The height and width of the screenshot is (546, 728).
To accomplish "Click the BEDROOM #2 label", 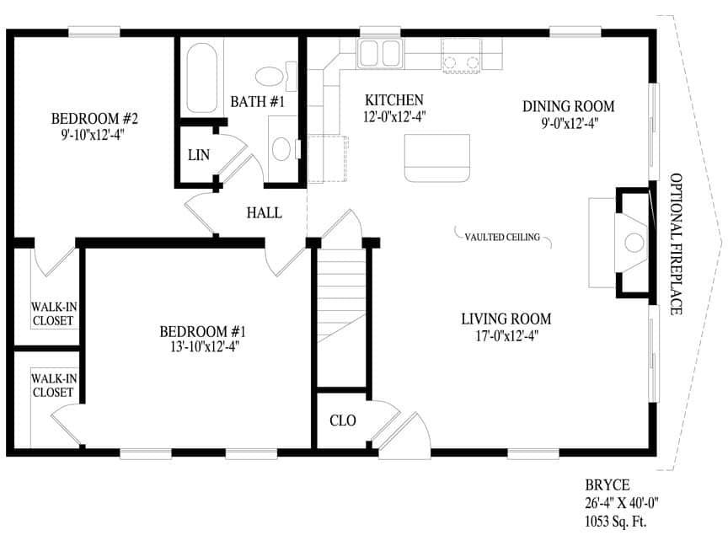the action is click(x=94, y=119).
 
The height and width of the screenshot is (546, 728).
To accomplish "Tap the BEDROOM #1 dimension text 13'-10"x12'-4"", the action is click(x=204, y=347).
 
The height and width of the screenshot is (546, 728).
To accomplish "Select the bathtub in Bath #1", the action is click(x=202, y=78).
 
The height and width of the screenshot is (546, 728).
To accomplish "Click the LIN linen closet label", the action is click(x=199, y=155).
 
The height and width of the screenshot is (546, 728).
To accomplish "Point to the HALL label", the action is click(x=265, y=213).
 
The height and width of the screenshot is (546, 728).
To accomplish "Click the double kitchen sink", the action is click(x=380, y=53).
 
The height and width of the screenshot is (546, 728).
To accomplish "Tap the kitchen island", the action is click(x=437, y=158).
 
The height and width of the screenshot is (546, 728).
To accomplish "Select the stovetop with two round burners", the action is click(x=461, y=56).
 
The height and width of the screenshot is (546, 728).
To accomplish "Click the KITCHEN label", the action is click(x=394, y=100).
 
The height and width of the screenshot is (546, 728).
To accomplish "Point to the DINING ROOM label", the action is click(x=568, y=106).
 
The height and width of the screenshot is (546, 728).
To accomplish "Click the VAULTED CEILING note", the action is click(x=502, y=238).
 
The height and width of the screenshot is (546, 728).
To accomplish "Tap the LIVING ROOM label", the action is click(x=506, y=319).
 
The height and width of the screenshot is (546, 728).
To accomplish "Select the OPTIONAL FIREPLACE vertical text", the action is click(x=676, y=244).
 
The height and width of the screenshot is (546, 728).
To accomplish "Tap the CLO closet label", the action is click(x=343, y=420).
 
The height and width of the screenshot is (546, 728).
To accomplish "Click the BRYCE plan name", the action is click(x=608, y=485).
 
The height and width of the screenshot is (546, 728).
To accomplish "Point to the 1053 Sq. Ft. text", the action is click(x=616, y=522).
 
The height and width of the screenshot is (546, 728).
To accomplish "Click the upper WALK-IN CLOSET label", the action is click(x=54, y=313).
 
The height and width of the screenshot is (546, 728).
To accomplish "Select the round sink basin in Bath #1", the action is click(x=281, y=148).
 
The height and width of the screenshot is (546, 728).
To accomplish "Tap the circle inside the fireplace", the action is click(x=634, y=243).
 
